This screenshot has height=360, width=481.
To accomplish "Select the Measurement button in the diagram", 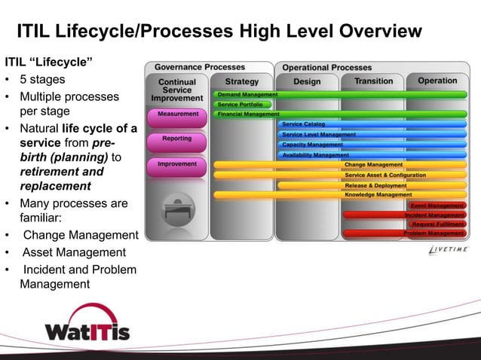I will pos(178,114).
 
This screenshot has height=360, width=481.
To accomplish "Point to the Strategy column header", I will pos(241,81).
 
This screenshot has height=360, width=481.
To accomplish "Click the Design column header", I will pos(307,81).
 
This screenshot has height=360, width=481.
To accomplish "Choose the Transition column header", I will pos(374,81).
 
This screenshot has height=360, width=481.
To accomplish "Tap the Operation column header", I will pos(437,81).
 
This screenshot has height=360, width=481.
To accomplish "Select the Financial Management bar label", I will pos(249,114).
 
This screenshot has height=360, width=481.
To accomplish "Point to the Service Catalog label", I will pos(304,124).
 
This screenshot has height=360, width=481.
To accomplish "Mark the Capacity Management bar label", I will pos(312,145).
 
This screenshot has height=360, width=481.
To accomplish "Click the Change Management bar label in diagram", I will pos(374,164).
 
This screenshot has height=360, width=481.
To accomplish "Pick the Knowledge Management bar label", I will pos(378,194).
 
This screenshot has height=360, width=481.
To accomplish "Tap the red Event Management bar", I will pos(437,205).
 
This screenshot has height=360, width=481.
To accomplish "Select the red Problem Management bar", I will pos(434,233).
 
